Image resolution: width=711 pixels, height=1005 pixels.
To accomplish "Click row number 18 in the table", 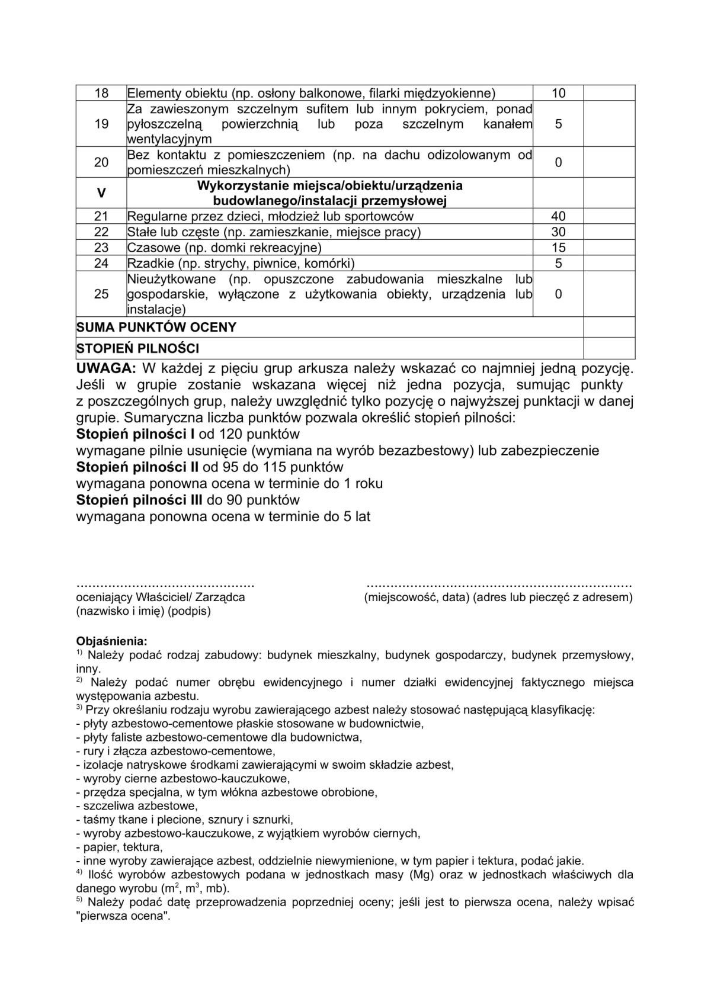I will tap(101, 93).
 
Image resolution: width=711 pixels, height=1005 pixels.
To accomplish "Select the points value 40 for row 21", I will tap(558, 216).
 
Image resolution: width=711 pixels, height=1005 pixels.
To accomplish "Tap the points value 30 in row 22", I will tap(558, 232).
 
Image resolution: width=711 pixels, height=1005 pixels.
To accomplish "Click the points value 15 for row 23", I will tap(558, 248).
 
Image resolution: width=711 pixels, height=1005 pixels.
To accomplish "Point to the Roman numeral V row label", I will tap(101, 193).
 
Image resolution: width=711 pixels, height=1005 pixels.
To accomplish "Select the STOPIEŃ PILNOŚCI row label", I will tap(137, 348).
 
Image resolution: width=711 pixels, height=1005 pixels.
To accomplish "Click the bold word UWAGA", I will tap(106, 368).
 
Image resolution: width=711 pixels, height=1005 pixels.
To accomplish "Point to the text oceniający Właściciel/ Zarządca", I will tap(161, 598).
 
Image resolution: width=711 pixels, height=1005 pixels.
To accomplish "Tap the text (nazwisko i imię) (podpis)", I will tap(143, 611).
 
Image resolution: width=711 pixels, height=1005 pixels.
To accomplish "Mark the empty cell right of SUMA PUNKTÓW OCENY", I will tap(609, 327).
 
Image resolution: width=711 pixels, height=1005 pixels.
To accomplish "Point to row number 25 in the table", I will tap(101, 294).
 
